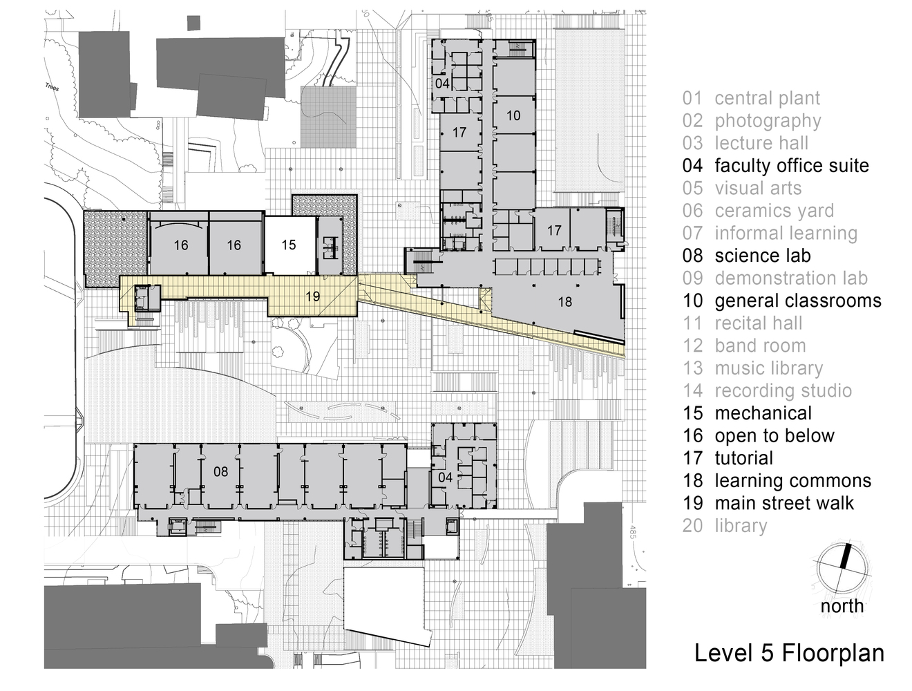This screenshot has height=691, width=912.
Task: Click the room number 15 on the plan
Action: [289, 245]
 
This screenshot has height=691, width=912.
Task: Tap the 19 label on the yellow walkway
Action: [312, 296]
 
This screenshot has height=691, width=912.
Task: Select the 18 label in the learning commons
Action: [564, 302]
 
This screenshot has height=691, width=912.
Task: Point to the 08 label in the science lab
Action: [220, 472]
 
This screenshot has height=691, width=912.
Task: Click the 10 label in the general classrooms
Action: [513, 115]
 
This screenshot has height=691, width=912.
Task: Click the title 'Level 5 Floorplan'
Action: [789, 653]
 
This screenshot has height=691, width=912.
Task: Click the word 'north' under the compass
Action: [842, 607]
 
